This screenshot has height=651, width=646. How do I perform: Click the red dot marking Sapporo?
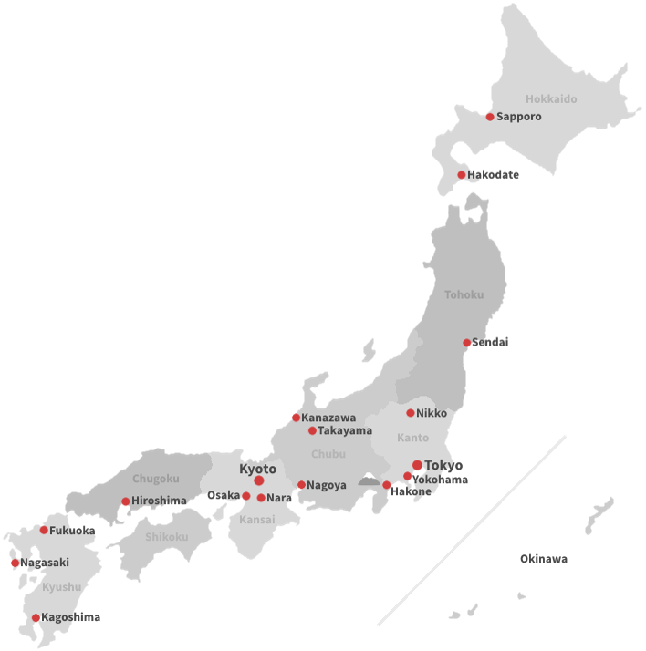(x=490, y=117)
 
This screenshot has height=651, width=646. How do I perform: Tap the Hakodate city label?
(x=494, y=175)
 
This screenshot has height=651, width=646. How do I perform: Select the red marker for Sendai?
(x=467, y=343)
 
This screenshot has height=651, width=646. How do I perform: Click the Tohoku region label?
(x=464, y=294)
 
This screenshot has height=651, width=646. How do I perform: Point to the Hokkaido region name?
(x=551, y=98)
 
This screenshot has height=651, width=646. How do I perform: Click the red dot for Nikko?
(x=411, y=413)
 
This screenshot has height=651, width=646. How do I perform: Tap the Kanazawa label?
(x=328, y=418)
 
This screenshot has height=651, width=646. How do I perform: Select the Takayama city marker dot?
(x=312, y=430)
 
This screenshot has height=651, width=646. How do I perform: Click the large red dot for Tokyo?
(x=418, y=465)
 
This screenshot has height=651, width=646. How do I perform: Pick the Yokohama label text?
(x=441, y=480)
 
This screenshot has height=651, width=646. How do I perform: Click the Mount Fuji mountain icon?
(x=369, y=479)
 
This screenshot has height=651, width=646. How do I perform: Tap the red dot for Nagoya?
(x=301, y=485)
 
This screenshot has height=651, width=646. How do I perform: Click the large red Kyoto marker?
(x=259, y=480)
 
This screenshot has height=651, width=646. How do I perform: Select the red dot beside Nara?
(x=261, y=498)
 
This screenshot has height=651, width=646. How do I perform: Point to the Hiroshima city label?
(x=159, y=501)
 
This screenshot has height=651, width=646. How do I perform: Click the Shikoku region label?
(x=166, y=537)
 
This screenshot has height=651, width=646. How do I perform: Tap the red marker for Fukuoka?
(x=44, y=530)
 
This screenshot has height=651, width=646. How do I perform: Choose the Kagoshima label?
(x=70, y=617)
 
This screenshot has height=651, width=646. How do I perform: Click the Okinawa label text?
(x=544, y=559)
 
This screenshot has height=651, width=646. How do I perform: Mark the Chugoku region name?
(x=156, y=479)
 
